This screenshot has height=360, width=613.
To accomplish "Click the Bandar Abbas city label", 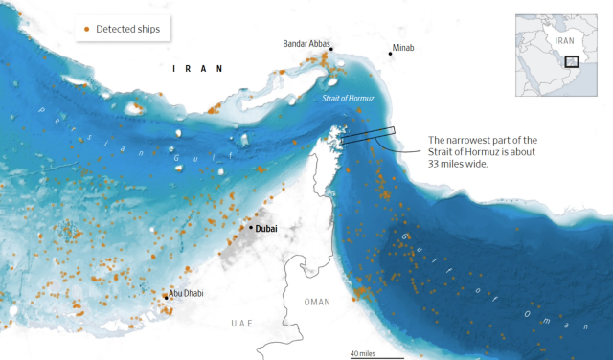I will click(307, 44).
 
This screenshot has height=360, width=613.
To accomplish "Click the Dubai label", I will click(266, 228).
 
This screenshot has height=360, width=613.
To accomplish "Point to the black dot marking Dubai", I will click(251, 228).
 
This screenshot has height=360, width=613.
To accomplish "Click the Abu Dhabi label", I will click(186, 292).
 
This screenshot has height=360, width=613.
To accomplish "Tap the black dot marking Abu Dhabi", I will click(166, 298).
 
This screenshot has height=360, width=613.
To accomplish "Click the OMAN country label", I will click(316, 302).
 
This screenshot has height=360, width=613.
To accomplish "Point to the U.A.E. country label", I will click(241, 324).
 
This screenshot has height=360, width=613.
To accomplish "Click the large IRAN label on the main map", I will click(197, 68).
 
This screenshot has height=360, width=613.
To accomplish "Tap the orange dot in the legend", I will click(86, 30).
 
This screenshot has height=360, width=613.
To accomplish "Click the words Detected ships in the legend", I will click(127, 30).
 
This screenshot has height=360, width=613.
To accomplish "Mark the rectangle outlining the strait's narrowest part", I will click(367, 136).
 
